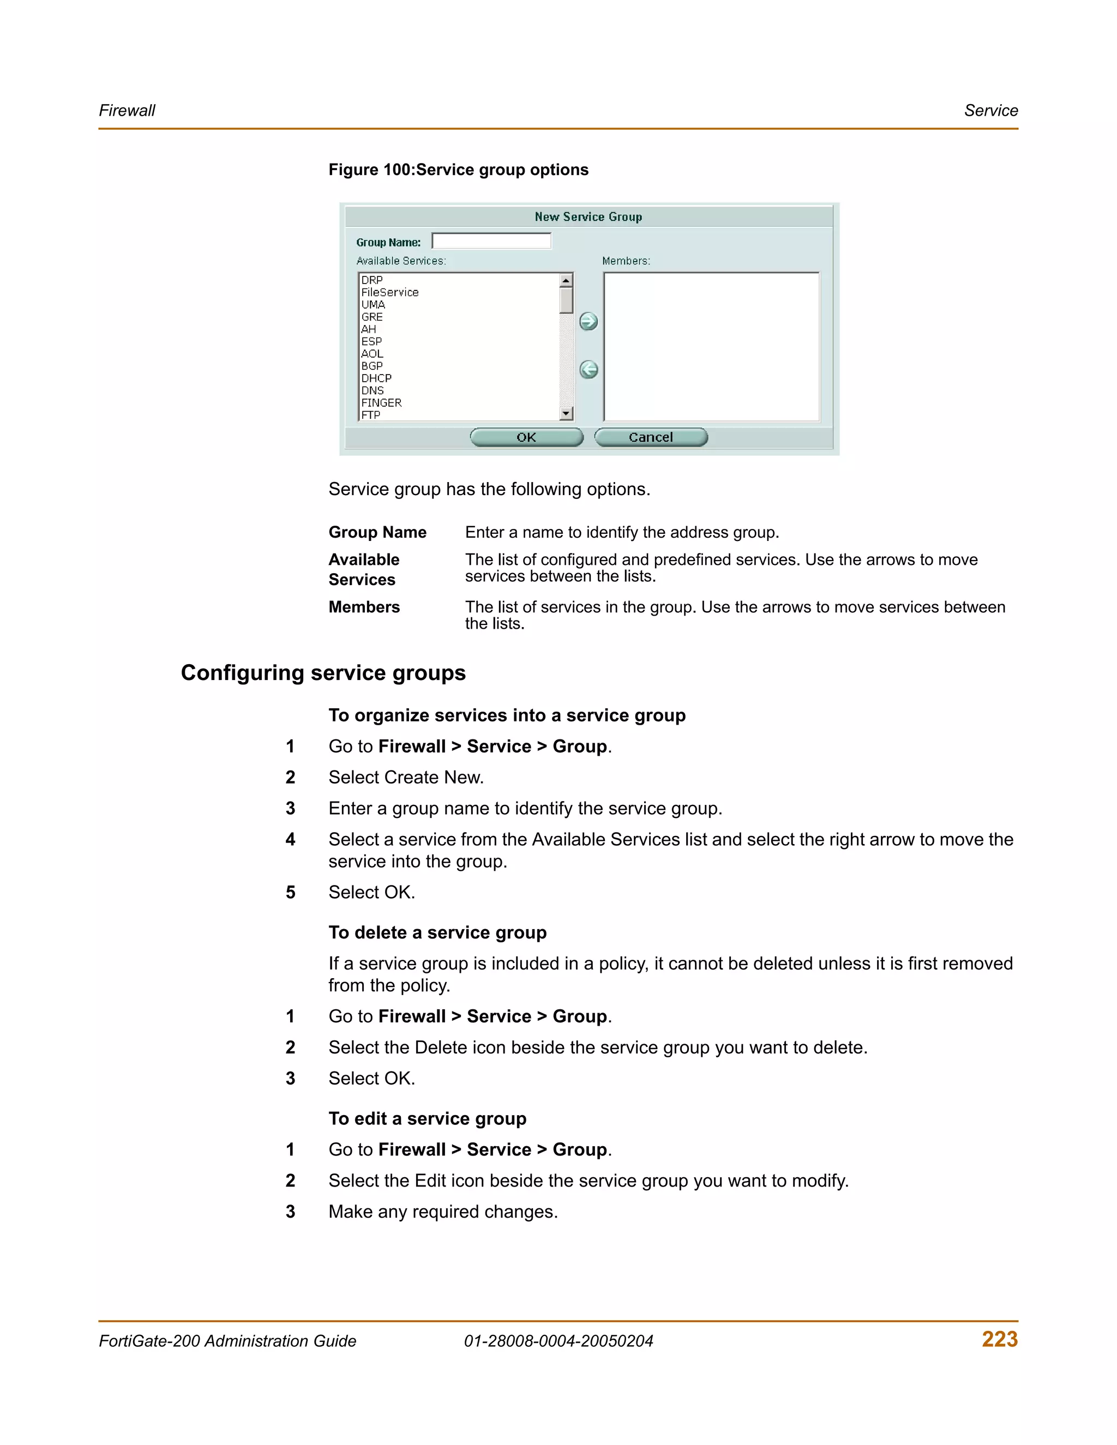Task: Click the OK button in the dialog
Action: pyautogui.click(x=526, y=437)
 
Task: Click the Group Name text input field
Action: pyautogui.click(x=491, y=241)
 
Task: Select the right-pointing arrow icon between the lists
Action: pyautogui.click(x=588, y=322)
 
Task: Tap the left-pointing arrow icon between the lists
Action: pyautogui.click(x=588, y=370)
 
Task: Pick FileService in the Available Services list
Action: pyautogui.click(x=390, y=292)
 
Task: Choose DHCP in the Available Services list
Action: pyautogui.click(x=376, y=378)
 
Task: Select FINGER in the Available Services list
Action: pyautogui.click(x=381, y=403)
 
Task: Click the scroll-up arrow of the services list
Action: pyautogui.click(x=566, y=280)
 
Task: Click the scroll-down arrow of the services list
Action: pyautogui.click(x=566, y=414)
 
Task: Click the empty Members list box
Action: pyautogui.click(x=711, y=347)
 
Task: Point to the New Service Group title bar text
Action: pyautogui.click(x=588, y=217)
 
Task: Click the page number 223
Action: pyautogui.click(x=999, y=1339)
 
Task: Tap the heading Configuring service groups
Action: pyautogui.click(x=323, y=673)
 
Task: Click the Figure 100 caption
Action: pyautogui.click(x=458, y=170)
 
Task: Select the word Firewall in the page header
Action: pyautogui.click(x=127, y=111)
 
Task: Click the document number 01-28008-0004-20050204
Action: pyautogui.click(x=558, y=1341)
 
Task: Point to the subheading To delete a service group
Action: pyautogui.click(x=437, y=933)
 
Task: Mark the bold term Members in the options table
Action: pyautogui.click(x=364, y=607)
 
